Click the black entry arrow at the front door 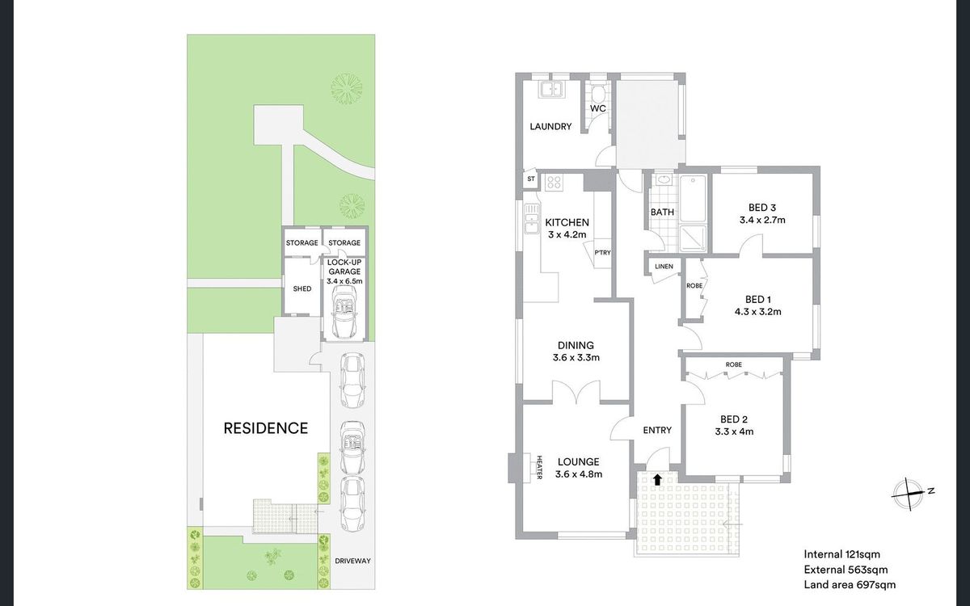coord(657,479)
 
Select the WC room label coord(598,108)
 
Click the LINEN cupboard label coord(664,266)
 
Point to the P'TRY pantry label coord(602,252)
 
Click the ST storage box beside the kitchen coord(531,179)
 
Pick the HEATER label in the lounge coord(540,468)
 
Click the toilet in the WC coord(598,94)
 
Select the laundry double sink coord(550,90)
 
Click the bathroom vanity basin coord(663,179)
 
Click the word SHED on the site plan coord(302,288)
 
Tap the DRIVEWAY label coord(352,561)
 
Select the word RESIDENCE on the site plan coord(265,428)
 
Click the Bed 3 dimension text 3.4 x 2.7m coord(762,220)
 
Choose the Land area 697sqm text coord(850,585)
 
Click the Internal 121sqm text coord(841,554)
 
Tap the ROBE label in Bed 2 coord(734,364)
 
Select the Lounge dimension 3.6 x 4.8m coord(579,474)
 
